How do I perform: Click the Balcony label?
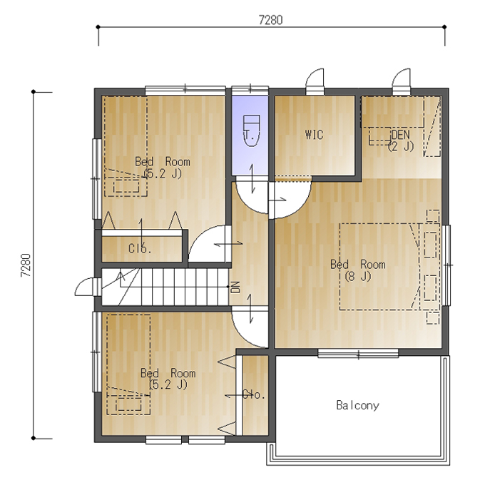tap(357, 405)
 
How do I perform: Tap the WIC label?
tap(314, 135)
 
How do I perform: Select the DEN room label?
tap(401, 135)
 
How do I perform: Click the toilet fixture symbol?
tap(252, 131)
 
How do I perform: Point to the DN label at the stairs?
tap(235, 287)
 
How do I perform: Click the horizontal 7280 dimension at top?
tap(270, 20)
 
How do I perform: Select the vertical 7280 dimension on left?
tap(26, 265)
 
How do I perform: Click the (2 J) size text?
tap(401, 146)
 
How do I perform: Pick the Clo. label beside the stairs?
tap(140, 248)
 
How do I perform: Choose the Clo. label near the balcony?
tap(254, 394)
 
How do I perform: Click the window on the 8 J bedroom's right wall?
tap(446, 265)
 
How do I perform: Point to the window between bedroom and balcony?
tap(358, 353)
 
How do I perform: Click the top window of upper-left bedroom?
tap(185, 90)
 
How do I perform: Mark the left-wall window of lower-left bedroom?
tap(97, 352)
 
